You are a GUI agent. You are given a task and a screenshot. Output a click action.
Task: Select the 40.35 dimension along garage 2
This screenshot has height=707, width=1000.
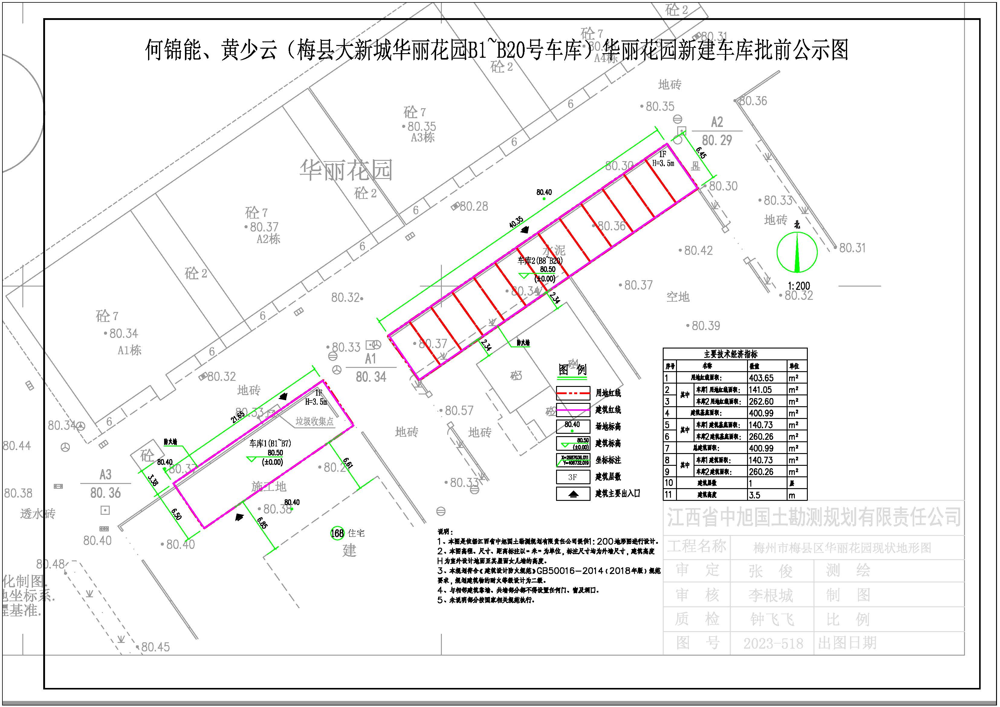point(516,222)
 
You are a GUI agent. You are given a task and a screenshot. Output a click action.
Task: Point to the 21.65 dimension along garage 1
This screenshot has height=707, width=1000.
point(238,418)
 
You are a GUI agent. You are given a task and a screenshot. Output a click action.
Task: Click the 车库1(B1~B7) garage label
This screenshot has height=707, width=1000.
point(270,443)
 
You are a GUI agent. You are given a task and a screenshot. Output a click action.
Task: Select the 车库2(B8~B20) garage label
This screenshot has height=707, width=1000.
point(540,261)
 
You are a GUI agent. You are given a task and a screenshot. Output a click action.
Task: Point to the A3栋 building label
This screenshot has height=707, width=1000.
point(422,138)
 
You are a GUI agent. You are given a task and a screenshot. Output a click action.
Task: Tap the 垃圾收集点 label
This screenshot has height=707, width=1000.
point(315,421)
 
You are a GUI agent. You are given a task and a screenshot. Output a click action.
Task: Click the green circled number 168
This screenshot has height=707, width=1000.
point(337,533)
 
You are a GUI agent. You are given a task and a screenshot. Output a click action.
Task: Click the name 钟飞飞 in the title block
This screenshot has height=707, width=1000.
point(772,619)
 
